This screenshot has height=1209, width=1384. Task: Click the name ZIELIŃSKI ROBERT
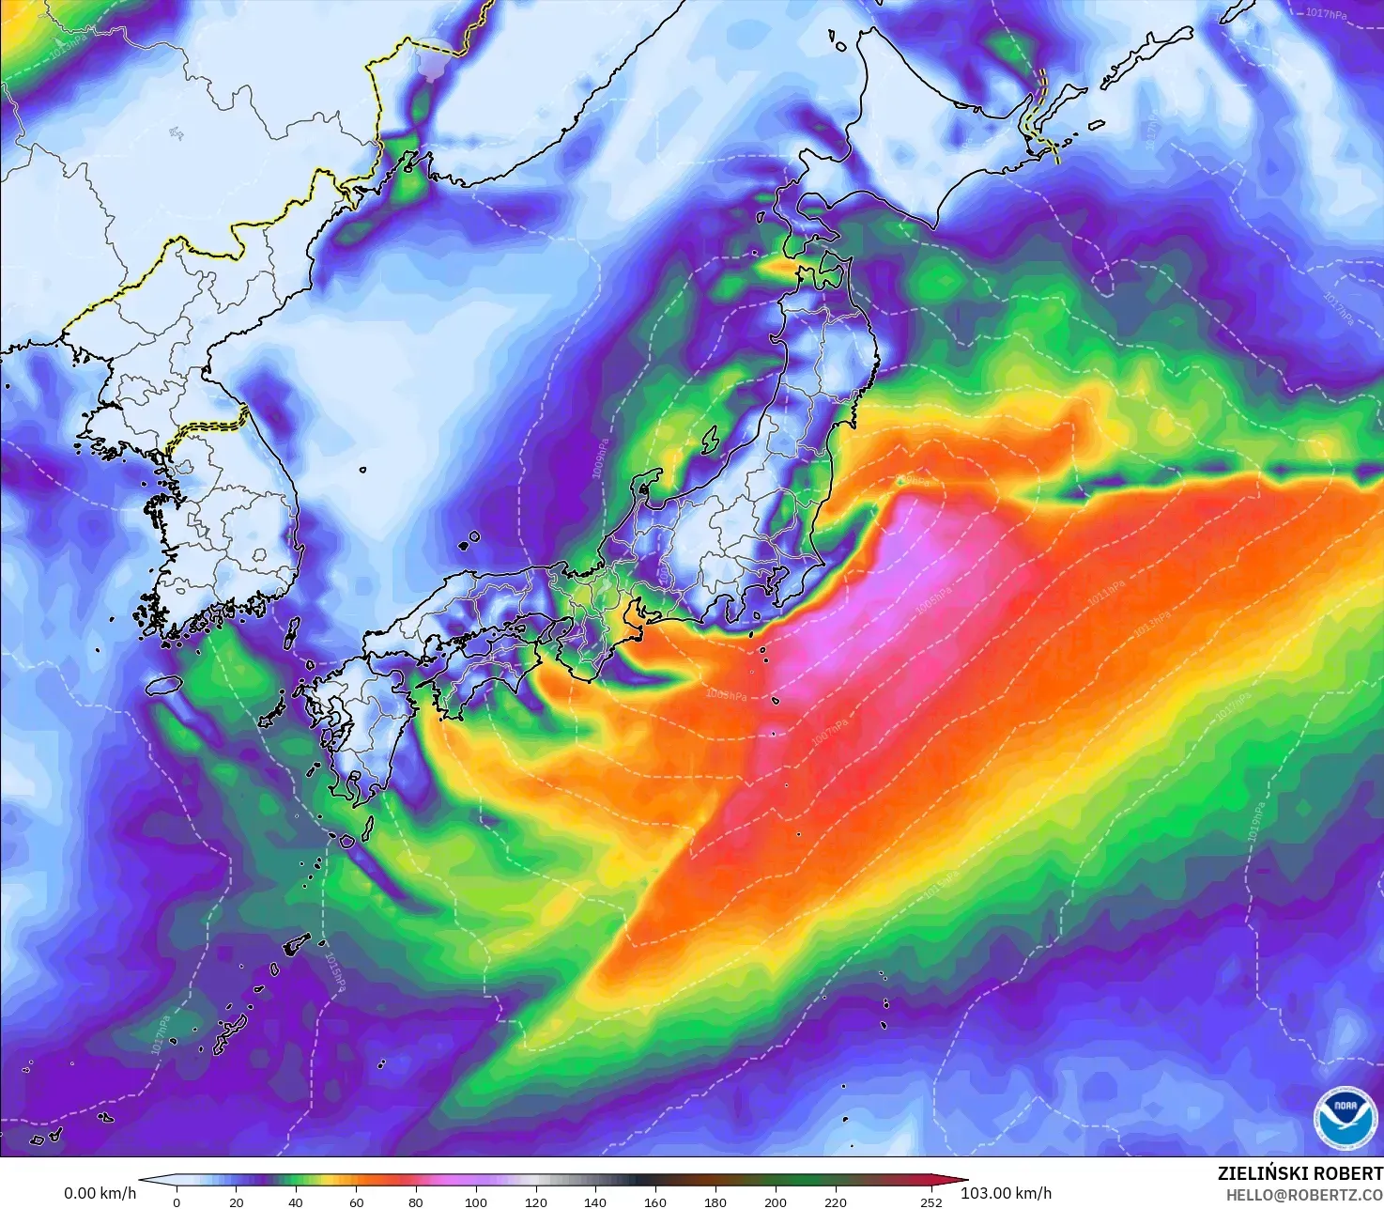tap(1299, 1173)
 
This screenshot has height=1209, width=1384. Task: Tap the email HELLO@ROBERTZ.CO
tap(1304, 1194)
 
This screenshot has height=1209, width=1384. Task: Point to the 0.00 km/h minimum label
tap(100, 1193)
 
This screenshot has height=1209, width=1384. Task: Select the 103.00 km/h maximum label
tap(1006, 1193)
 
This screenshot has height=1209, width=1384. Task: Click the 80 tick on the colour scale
tap(416, 1201)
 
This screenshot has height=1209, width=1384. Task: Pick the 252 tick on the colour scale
tap(930, 1201)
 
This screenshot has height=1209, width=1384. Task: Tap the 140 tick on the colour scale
tap(595, 1201)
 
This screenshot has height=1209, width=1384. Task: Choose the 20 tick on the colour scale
tap(237, 1201)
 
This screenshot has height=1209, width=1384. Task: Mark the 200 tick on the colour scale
tap(775, 1201)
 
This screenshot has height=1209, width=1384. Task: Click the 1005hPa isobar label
tap(932, 597)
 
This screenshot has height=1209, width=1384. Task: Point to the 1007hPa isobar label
tap(830, 734)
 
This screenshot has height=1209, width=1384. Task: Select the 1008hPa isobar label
tap(727, 695)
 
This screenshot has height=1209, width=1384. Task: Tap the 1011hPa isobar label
tap(1106, 591)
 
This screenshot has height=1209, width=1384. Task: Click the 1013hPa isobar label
tap(1152, 624)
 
